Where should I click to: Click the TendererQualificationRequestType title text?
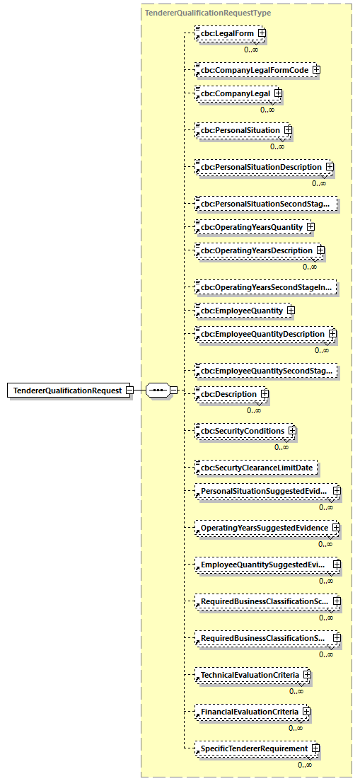207,13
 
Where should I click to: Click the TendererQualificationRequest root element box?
68,390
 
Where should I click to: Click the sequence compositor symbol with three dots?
158,390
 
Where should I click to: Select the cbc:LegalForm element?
226,33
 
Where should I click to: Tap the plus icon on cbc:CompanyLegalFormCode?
316,70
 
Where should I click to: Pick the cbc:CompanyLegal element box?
234,93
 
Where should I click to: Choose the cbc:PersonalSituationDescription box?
260,168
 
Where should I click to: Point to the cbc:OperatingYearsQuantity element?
251,227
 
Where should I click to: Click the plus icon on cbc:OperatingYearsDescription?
320,250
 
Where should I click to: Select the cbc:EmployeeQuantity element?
241,311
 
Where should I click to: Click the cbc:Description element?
228,393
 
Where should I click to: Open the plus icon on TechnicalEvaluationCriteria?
307,675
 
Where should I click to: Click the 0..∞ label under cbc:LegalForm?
251,50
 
